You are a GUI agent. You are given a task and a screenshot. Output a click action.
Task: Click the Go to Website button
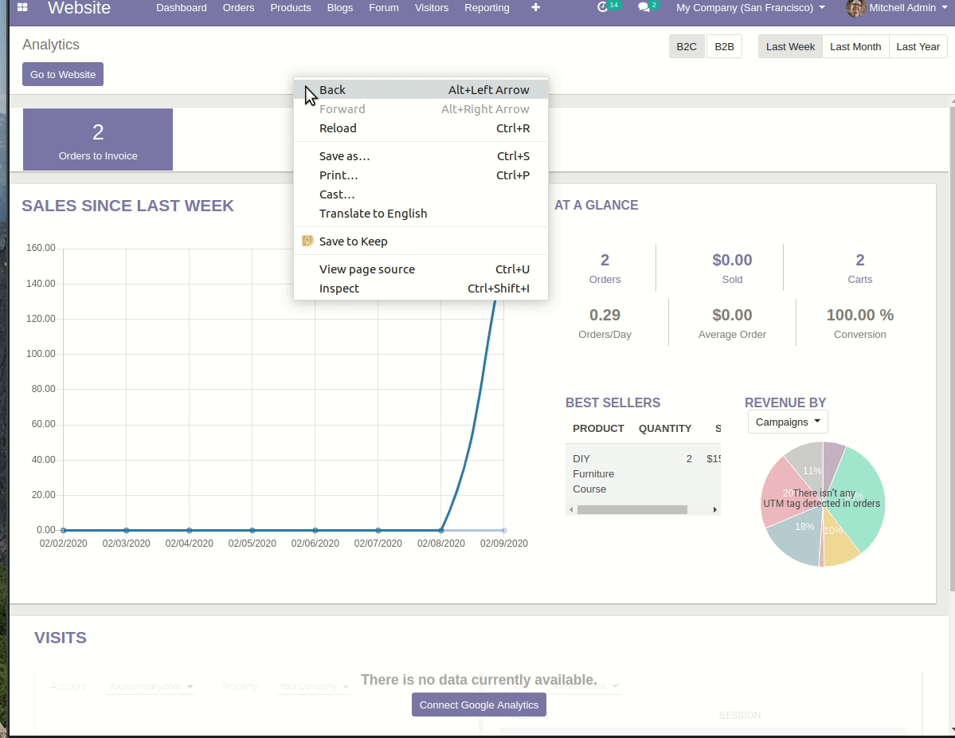pyautogui.click(x=63, y=74)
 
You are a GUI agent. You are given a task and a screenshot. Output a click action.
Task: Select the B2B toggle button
pyautogui.click(x=724, y=46)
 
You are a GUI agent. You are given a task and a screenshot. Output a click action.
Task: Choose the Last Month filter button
pyautogui.click(x=855, y=46)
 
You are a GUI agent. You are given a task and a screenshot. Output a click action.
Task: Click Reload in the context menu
pyautogui.click(x=338, y=128)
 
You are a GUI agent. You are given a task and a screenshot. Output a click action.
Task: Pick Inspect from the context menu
pyautogui.click(x=339, y=289)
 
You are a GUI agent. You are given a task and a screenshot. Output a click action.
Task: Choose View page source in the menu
pyautogui.click(x=366, y=269)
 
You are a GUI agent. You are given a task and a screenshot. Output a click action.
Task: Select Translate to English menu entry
pyautogui.click(x=373, y=214)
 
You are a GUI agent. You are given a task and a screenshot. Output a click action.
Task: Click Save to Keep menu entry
pyautogui.click(x=353, y=241)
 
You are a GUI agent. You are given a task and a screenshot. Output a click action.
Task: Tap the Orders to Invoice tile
pyautogui.click(x=98, y=139)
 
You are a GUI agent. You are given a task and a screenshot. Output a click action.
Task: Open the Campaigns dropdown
pyautogui.click(x=787, y=422)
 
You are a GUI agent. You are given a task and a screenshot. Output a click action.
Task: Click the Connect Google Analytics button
pyautogui.click(x=479, y=705)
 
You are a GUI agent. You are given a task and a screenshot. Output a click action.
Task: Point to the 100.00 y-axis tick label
pyautogui.click(x=41, y=354)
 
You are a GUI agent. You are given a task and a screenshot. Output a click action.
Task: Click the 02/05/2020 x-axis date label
pyautogui.click(x=252, y=544)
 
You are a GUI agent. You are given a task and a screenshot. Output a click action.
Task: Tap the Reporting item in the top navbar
pyautogui.click(x=487, y=8)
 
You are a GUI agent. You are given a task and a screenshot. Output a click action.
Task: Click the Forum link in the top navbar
pyautogui.click(x=383, y=8)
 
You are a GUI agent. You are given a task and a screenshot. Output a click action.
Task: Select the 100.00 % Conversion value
pyautogui.click(x=859, y=315)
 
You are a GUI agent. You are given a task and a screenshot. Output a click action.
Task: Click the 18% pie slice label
pyautogui.click(x=804, y=527)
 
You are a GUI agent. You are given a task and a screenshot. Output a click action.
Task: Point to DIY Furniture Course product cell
pyautogui.click(x=593, y=473)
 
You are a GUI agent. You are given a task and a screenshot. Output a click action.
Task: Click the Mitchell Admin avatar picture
pyautogui.click(x=856, y=8)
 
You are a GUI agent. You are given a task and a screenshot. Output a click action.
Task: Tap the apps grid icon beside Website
pyautogui.click(x=22, y=8)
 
